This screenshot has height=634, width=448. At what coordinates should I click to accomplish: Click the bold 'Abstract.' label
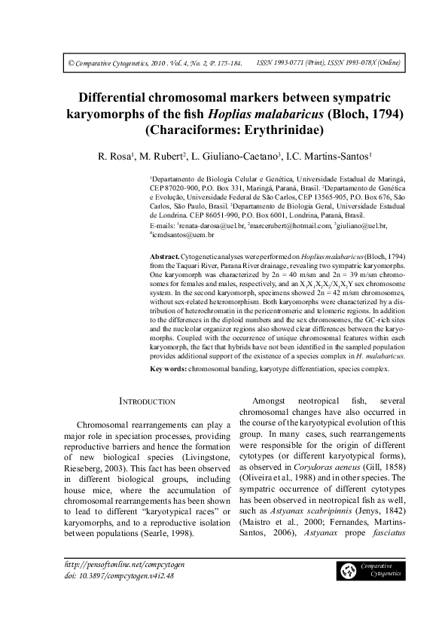pyautogui.click(x=165, y=258)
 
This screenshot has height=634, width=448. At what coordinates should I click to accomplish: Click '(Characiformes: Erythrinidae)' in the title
pyautogui.click(x=224, y=131)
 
